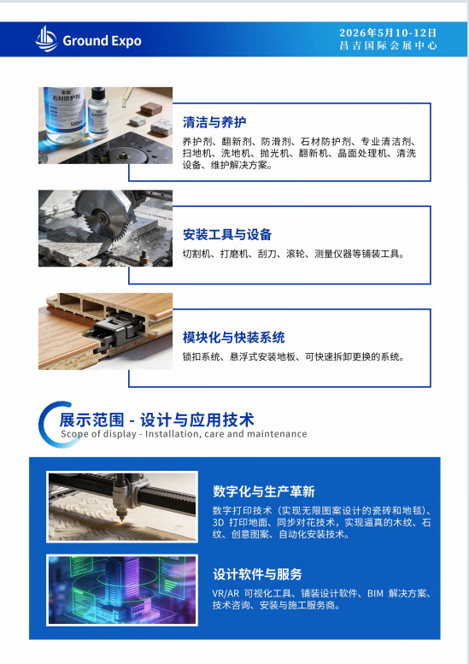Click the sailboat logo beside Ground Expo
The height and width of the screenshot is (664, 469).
tap(46, 39)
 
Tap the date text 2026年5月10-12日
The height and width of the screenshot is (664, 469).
tap(388, 33)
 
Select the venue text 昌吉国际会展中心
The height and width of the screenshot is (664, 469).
tap(388, 45)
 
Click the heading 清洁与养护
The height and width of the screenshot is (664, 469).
tap(214, 122)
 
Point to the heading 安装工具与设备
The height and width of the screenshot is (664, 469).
tap(227, 235)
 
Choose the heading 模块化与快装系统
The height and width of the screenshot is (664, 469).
tap(234, 338)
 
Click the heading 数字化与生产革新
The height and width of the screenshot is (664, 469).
tap(264, 491)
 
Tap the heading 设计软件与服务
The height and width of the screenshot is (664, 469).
tap(257, 574)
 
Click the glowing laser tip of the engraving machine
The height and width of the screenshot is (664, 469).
tap(122, 522)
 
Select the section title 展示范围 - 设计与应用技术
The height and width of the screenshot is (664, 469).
tap(156, 420)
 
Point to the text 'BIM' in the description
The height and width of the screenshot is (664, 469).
tap(375, 593)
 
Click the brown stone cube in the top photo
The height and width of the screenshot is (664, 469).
tap(150, 109)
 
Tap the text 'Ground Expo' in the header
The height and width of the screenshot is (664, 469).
tap(102, 41)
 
